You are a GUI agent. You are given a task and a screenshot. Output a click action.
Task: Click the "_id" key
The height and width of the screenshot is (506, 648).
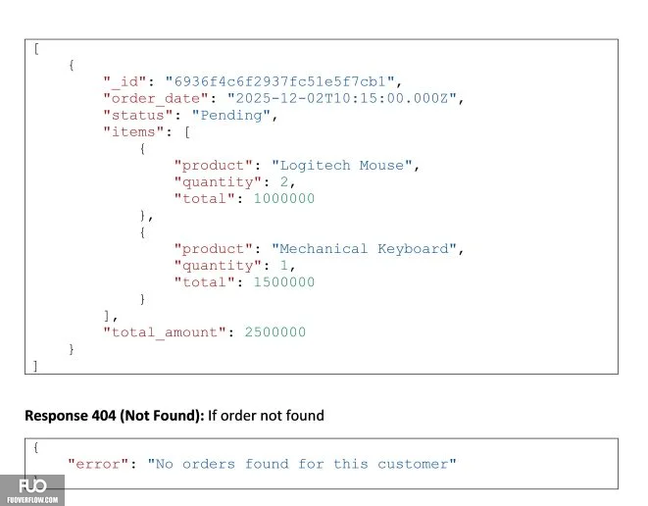pyautogui.click(x=125, y=81)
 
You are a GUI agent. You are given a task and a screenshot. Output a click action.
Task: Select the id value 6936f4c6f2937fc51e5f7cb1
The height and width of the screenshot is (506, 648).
pyautogui.click(x=279, y=81)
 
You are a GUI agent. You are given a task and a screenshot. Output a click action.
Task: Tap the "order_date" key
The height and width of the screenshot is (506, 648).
pyautogui.click(x=156, y=99)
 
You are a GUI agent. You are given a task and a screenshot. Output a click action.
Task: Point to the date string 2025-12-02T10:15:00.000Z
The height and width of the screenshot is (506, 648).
pyautogui.click(x=342, y=98)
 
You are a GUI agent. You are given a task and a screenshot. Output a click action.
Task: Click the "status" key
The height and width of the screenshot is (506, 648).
pyautogui.click(x=138, y=116)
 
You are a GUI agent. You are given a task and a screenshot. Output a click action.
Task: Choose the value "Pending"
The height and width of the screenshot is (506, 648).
pyautogui.click(x=231, y=116)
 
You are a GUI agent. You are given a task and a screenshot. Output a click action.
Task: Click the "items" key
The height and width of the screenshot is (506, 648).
pyautogui.click(x=133, y=131)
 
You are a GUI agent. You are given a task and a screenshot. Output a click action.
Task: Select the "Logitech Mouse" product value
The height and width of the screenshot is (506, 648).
pyautogui.click(x=342, y=166)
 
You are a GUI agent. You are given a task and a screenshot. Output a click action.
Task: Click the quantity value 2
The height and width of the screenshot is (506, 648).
pyautogui.click(x=284, y=181)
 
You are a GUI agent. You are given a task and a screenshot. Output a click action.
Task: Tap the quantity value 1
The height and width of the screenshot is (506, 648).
pyautogui.click(x=284, y=266)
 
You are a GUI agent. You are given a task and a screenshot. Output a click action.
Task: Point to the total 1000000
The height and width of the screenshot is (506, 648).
pyautogui.click(x=284, y=199)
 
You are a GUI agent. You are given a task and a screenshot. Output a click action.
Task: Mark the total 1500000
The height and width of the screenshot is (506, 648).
pyautogui.click(x=284, y=282)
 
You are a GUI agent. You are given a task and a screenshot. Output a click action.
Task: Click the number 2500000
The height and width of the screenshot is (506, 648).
pyautogui.click(x=275, y=332)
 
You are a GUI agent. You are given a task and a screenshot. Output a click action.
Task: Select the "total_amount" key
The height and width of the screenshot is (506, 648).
pyautogui.click(x=165, y=332)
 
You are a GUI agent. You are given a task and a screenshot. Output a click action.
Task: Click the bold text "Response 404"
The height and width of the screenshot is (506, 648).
pyautogui.click(x=71, y=416)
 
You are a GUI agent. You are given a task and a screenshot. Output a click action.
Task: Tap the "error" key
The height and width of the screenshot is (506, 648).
pyautogui.click(x=98, y=464)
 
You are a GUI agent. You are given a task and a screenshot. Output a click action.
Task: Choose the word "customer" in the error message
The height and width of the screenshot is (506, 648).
pyautogui.click(x=413, y=465)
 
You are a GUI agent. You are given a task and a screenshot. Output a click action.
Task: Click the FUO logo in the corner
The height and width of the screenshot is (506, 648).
pyautogui.click(x=32, y=490)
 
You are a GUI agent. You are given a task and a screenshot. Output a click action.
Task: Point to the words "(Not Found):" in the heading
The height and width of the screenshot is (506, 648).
pyautogui.click(x=162, y=416)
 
